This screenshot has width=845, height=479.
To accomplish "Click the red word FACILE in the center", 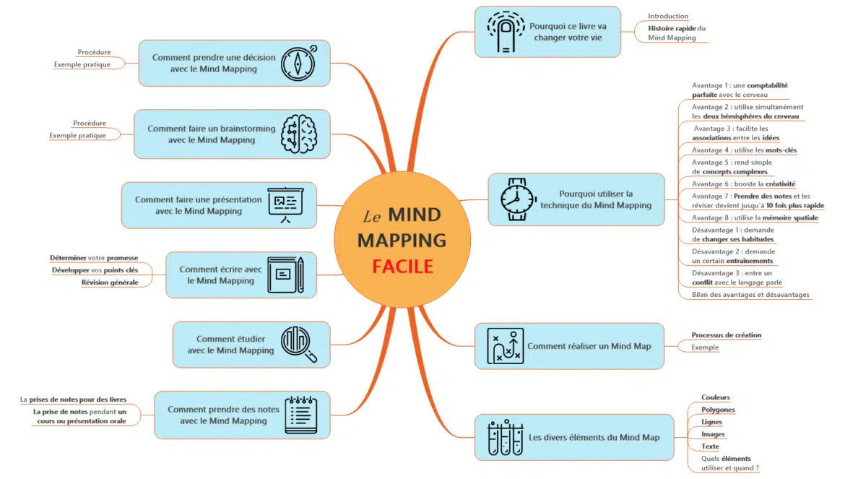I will (x=402, y=266).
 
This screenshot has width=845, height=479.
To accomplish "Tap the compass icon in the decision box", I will (x=298, y=63).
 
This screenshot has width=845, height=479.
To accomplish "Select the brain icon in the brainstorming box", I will (x=299, y=134).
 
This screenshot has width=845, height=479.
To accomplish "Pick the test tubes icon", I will (x=505, y=437).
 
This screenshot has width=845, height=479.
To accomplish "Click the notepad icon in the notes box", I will (x=300, y=415).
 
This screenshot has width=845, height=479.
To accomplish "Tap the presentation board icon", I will (x=285, y=205).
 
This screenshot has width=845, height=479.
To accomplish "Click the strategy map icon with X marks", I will (x=505, y=346).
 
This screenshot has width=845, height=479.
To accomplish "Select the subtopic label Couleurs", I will (x=715, y=397).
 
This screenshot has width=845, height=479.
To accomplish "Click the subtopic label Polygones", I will (x=718, y=410).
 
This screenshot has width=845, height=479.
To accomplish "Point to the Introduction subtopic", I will (x=667, y=16).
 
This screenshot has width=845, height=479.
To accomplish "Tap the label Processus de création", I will (x=726, y=335).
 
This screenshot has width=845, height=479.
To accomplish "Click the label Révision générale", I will (x=110, y=282).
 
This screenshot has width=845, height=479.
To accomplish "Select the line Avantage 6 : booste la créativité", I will (x=743, y=184).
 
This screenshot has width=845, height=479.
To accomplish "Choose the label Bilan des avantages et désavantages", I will (x=750, y=295).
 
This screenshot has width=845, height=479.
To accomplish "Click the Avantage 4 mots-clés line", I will (x=744, y=150).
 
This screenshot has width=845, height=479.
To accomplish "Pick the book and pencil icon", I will (x=285, y=275).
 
